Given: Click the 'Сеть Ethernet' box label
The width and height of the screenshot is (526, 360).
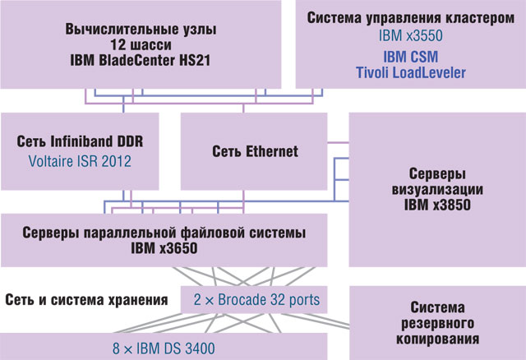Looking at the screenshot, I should tap(255, 151).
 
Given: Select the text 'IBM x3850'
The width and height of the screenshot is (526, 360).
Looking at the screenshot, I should tap(437, 205).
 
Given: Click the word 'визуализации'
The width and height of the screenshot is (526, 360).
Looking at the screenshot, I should tap(437, 190).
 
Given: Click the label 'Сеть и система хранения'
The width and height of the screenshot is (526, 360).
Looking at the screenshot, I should tap(86, 298).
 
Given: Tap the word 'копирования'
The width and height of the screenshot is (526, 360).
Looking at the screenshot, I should tap(437, 338).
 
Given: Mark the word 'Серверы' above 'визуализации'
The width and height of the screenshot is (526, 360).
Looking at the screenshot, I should tap(437, 174).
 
